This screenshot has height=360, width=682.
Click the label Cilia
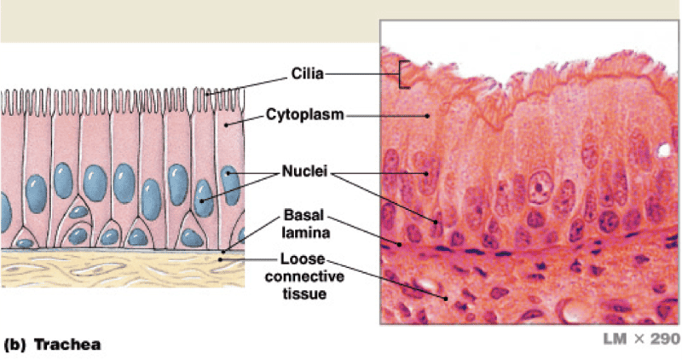tap(305, 76)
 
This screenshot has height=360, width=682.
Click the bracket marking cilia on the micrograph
tap(399, 75)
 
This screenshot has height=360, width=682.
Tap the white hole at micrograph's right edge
tap(662, 152)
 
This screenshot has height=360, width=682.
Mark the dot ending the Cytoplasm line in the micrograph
tap(426, 113)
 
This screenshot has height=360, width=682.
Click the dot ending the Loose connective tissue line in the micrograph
tap(446, 298)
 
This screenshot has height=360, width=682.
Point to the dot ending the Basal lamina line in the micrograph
tap(401, 244)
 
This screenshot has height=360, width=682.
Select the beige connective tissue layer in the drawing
tap(111, 269)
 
